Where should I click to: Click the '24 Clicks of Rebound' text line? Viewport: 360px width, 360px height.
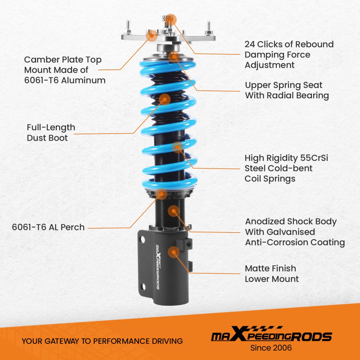289,44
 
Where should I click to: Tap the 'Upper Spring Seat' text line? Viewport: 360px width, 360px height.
284,85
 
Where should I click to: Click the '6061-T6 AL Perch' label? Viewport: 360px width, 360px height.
48,227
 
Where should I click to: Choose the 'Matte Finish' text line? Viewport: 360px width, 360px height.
270,269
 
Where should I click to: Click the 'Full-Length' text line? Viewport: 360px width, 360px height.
51,127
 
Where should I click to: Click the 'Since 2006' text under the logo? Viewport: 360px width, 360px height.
271,348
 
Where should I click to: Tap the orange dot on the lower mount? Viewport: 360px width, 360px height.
174,252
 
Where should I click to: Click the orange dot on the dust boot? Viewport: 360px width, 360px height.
165,99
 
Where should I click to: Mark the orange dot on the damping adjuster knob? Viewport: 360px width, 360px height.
171,19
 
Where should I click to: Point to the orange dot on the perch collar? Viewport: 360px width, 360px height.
162,194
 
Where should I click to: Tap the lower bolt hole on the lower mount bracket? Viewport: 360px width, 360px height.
143,287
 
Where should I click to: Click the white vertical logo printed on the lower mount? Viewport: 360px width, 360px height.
158,267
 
